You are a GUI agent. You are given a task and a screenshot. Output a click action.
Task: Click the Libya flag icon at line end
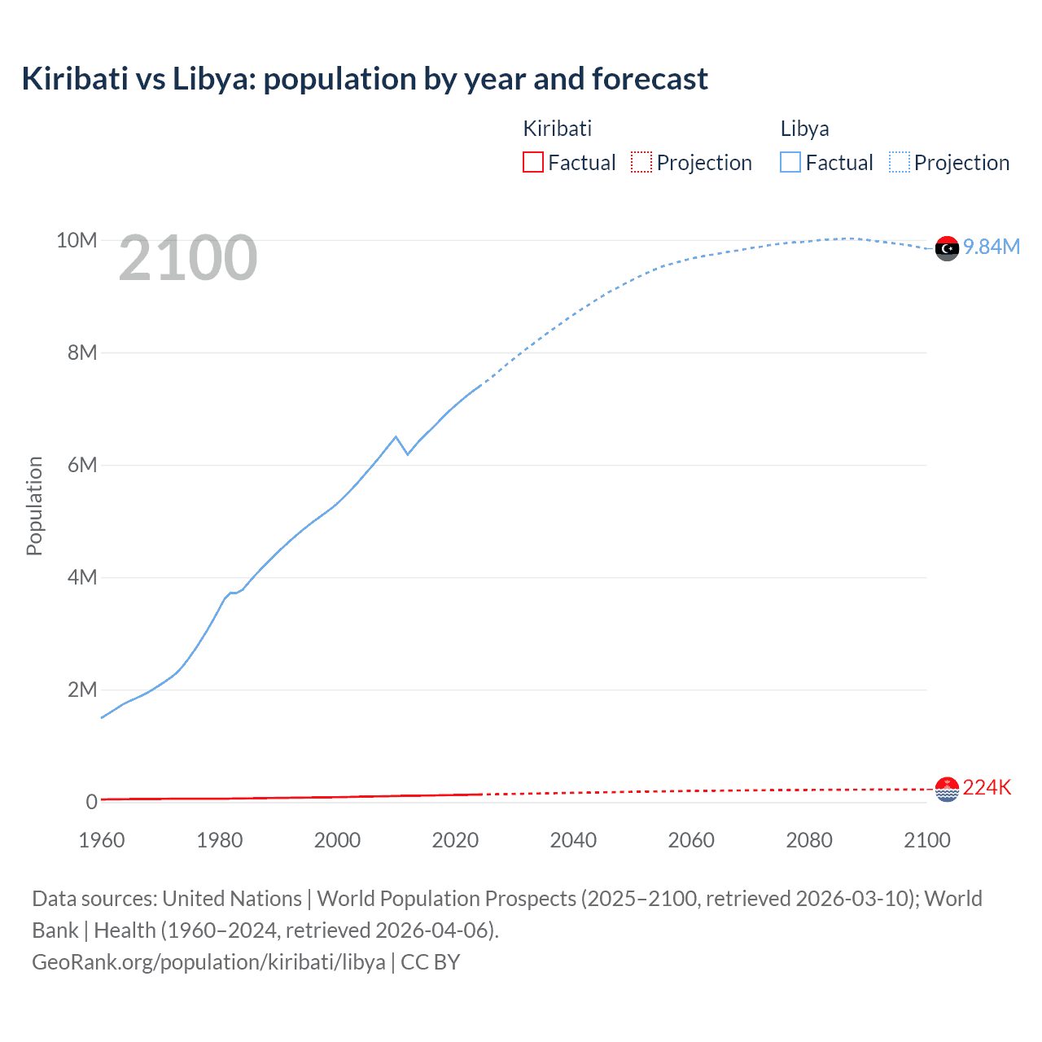click(947, 248)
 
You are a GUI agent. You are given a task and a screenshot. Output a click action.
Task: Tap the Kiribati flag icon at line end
click(947, 789)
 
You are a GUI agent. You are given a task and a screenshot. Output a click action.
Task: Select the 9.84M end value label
click(992, 247)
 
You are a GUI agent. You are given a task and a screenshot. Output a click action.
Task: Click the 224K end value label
click(987, 787)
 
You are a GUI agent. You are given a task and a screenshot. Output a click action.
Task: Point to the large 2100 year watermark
click(188, 258)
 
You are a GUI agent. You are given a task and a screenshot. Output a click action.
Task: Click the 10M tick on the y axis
click(77, 240)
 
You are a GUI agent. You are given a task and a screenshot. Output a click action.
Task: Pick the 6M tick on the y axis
click(82, 465)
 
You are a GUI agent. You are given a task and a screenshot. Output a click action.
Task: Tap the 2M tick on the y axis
click(82, 690)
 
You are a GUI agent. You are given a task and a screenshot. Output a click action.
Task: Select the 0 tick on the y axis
click(91, 802)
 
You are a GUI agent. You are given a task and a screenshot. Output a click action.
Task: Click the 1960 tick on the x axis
click(102, 840)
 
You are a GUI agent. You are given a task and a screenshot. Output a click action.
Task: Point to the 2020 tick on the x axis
click(455, 840)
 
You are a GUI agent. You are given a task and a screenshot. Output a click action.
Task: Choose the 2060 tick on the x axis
click(691, 840)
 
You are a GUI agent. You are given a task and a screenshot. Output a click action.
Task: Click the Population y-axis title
click(34, 506)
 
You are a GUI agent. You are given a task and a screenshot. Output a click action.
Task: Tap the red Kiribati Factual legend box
click(532, 162)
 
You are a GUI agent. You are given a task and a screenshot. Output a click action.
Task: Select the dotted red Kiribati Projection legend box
click(641, 162)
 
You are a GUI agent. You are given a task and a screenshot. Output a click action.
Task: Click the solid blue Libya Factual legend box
click(790, 162)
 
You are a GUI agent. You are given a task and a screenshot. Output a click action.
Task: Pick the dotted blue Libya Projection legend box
click(899, 162)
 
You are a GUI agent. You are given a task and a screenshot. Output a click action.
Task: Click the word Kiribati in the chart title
click(75, 79)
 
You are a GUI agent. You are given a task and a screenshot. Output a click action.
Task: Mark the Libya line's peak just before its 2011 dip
click(396, 437)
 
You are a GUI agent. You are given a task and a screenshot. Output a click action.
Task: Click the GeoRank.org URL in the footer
click(208, 961)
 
